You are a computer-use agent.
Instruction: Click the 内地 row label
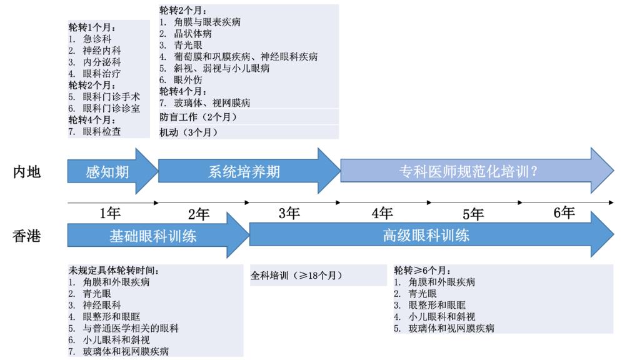[27, 171]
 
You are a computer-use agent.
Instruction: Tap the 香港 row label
[27, 236]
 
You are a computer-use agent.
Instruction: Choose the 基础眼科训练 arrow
[154, 236]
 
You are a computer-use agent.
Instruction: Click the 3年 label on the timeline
[289, 214]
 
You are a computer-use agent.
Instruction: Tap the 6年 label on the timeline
[564, 213]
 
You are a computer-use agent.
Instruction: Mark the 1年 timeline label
[110, 214]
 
